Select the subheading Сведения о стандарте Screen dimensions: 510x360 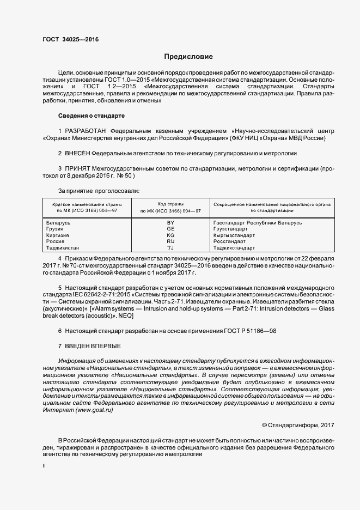pyautogui.click(x=91, y=116)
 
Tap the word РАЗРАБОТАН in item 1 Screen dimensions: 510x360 pyautogui.click(x=86, y=131)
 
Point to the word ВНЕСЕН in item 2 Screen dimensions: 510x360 pyautogui.click(x=77, y=154)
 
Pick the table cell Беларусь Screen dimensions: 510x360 pyautogui.click(x=58, y=222)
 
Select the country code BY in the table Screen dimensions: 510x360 pyautogui.click(x=170, y=222)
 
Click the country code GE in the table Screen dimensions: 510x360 pyautogui.click(x=170, y=229)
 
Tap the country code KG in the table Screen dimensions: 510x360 pyautogui.click(x=170, y=235)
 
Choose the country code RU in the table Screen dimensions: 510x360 pyautogui.click(x=170, y=241)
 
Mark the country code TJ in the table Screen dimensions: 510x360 pyautogui.click(x=170, y=247)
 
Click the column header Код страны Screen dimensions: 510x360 pyautogui.click(x=170, y=203)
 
